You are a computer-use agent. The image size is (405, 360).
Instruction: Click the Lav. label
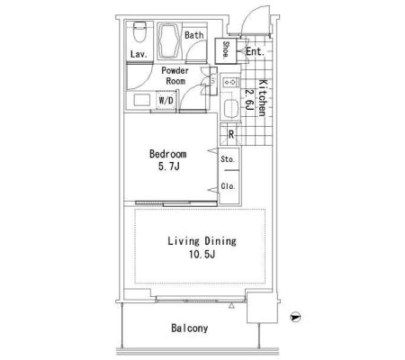click(139, 54)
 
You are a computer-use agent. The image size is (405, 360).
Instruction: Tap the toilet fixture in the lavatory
click(139, 31)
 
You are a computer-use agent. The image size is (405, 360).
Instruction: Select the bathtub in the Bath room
click(168, 41)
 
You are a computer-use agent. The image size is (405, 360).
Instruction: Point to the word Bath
click(193, 35)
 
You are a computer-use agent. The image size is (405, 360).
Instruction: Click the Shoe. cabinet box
click(226, 50)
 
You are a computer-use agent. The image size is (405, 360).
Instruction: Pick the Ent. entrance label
click(255, 51)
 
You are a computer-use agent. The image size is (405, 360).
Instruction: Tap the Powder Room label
click(175, 76)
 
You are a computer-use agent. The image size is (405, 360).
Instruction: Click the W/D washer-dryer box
click(166, 101)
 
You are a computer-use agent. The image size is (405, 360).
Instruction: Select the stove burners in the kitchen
click(230, 82)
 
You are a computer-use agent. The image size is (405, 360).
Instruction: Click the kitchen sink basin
click(230, 107)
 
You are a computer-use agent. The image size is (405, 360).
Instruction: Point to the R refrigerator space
click(230, 134)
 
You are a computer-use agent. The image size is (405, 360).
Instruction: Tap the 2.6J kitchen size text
click(248, 100)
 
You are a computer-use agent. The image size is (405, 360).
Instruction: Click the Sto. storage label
click(228, 159)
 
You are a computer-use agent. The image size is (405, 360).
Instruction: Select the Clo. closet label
click(228, 186)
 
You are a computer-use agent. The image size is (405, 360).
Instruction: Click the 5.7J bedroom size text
click(168, 166)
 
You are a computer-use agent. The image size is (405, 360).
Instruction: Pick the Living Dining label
click(202, 241)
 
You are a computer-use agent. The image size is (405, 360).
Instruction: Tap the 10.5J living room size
click(202, 255)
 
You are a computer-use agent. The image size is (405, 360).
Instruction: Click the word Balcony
click(189, 328)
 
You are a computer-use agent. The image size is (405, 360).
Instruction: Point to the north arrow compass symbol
click(295, 317)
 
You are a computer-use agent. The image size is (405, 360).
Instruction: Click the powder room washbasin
click(141, 100)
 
